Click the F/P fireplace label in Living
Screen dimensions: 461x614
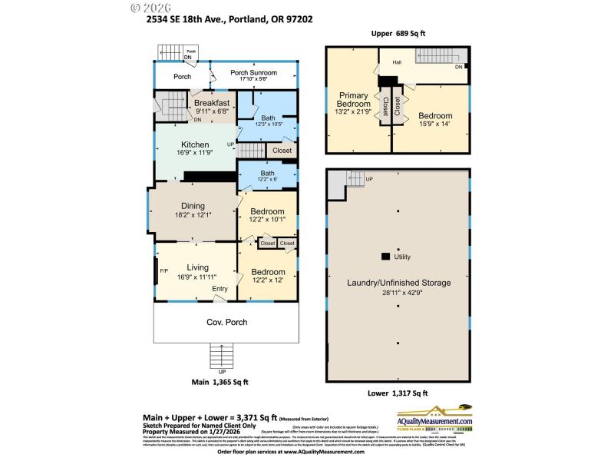tap(163, 271)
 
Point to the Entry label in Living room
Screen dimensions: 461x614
tap(220, 289)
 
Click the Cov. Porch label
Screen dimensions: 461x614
tap(226, 322)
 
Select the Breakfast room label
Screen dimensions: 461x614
tap(211, 103)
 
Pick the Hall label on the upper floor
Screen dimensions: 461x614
tap(397, 62)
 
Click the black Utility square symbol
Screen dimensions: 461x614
tap(385, 257)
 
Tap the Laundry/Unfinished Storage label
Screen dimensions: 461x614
tap(398, 283)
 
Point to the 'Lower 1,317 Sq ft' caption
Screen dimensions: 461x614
tap(398, 393)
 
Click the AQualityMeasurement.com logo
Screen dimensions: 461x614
tap(434, 421)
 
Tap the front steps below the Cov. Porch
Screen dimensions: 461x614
tap(221, 356)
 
